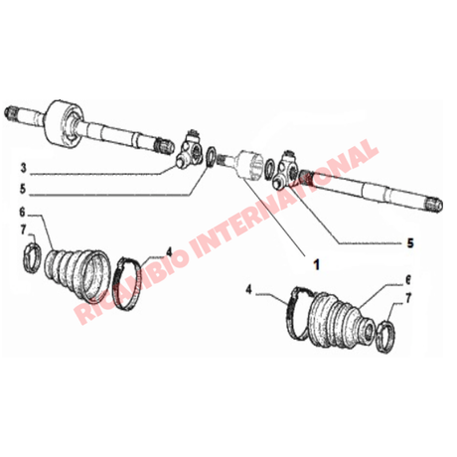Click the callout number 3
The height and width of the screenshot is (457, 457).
[23, 168]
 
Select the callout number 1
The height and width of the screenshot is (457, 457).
[317, 264]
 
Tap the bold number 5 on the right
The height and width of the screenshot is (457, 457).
[410, 243]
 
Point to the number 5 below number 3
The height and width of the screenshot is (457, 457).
[23, 189]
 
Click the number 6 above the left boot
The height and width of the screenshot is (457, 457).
[22, 213]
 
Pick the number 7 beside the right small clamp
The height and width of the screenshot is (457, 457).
[408, 298]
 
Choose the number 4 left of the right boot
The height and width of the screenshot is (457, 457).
[248, 290]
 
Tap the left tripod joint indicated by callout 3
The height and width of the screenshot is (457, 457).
[189, 151]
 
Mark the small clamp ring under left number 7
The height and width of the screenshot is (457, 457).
[33, 258]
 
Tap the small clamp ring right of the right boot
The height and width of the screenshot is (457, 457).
[386, 337]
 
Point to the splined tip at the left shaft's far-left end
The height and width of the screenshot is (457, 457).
[12, 113]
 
